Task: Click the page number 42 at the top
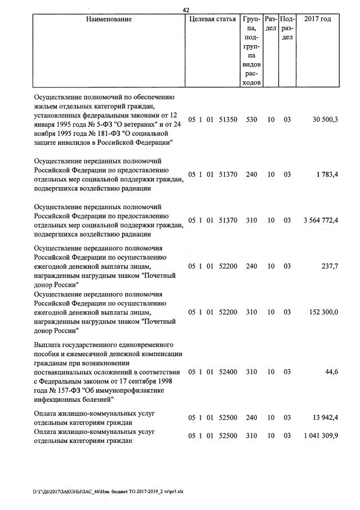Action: coord(187,8)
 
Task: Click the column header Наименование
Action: coord(109,19)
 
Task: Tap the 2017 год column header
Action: coord(317,19)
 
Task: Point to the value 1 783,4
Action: coord(327,175)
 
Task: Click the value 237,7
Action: coord(329,267)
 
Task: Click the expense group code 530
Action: coord(251,119)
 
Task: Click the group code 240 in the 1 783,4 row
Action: coord(251,175)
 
